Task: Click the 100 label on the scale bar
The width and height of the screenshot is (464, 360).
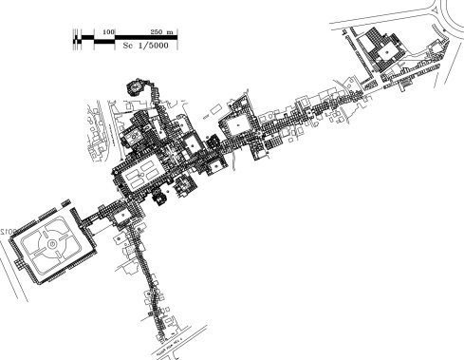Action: (x=109, y=32)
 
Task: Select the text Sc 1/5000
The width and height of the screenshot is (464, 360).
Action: (x=139, y=46)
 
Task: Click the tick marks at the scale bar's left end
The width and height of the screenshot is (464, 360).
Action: (x=74, y=38)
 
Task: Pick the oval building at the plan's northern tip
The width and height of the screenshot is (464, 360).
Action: (x=134, y=86)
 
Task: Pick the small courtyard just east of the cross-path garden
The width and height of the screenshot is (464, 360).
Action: (x=124, y=217)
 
